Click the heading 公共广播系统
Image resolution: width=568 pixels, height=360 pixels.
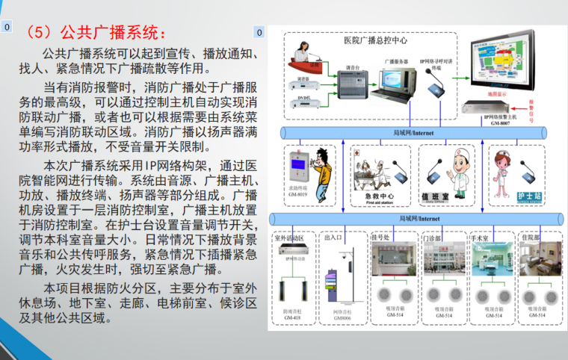click(x=93, y=33)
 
